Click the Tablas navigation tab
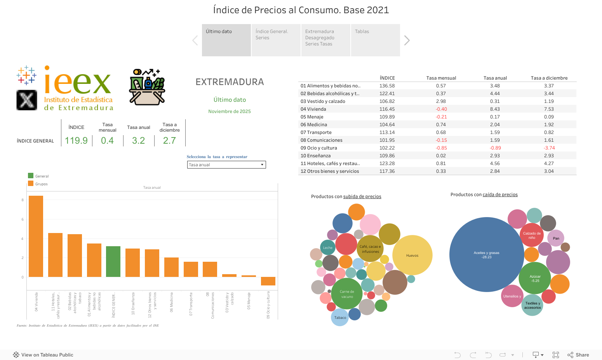point(375,40)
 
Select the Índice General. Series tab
point(276,40)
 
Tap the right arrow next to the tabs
point(407,40)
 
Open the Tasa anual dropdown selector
point(226,165)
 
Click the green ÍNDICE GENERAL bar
point(113,261)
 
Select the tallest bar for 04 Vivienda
point(36,236)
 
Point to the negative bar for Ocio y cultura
point(268,281)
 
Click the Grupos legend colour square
point(31,184)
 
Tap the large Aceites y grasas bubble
point(486,254)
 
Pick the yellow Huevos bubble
point(412,255)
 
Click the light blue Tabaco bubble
point(340,317)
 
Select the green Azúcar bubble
point(535,278)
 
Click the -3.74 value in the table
point(549,148)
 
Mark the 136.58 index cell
point(387,86)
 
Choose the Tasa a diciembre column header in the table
point(549,78)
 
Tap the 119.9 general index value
point(76,141)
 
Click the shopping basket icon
point(147,87)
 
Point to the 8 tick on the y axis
point(23,200)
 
